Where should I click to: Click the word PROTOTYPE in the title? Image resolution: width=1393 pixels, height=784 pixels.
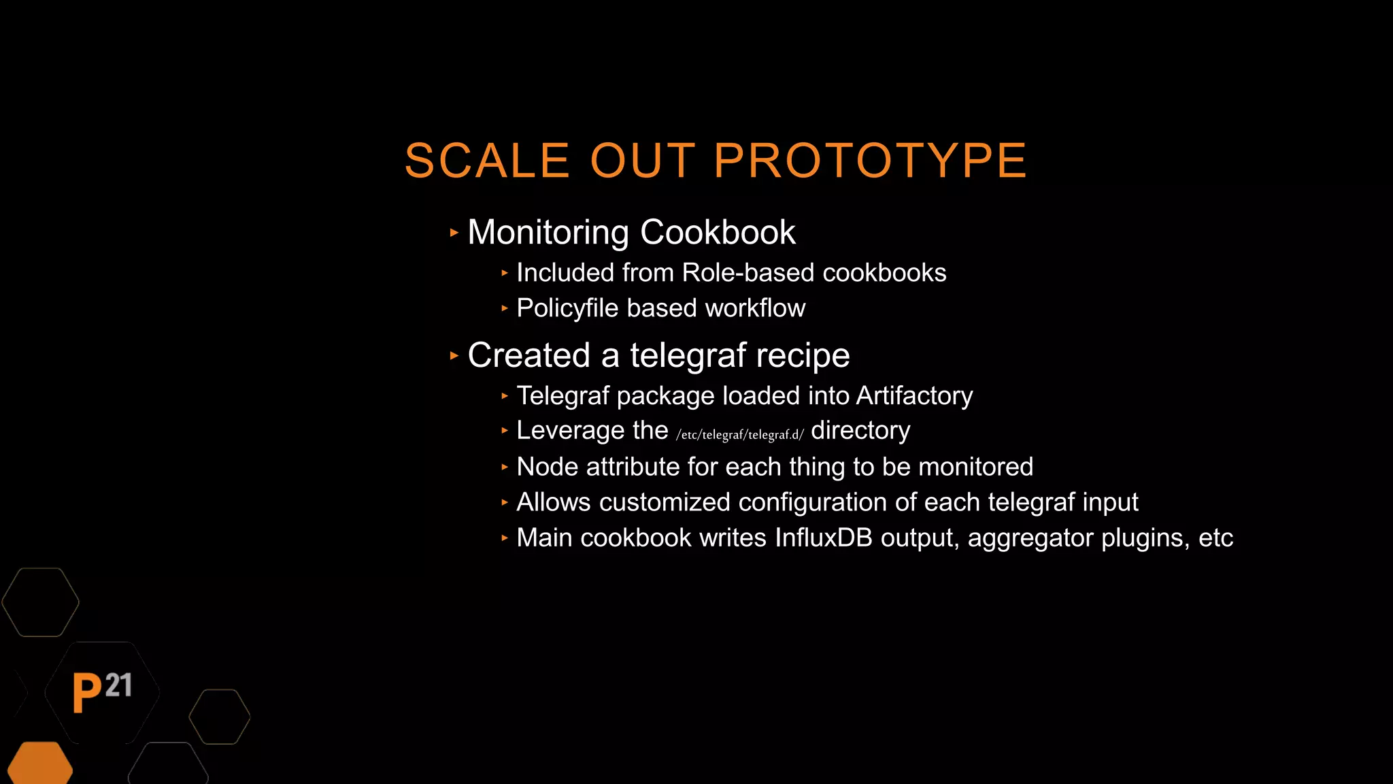[870, 161]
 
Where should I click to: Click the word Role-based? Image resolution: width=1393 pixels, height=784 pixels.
[748, 273]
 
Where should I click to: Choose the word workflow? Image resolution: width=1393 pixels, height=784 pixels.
[755, 308]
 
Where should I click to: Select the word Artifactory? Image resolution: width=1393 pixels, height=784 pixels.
[914, 396]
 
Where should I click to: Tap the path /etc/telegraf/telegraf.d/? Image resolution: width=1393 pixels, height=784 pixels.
[739, 434]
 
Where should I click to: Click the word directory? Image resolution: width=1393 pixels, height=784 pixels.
[860, 431]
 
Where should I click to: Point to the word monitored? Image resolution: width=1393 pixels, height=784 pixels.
[975, 467]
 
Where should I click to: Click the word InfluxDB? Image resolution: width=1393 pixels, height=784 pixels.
[823, 538]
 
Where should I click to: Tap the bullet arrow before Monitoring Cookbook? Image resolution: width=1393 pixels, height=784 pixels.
[454, 233]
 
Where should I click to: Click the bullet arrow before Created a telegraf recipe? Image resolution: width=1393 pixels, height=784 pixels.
[454, 355]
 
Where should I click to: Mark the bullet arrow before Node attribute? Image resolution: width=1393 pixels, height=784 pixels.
[505, 467]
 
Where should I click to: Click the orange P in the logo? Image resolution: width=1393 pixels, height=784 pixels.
[86, 692]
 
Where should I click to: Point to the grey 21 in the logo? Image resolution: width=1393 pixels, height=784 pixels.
[119, 685]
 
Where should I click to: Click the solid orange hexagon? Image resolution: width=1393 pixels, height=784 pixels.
[40, 764]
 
